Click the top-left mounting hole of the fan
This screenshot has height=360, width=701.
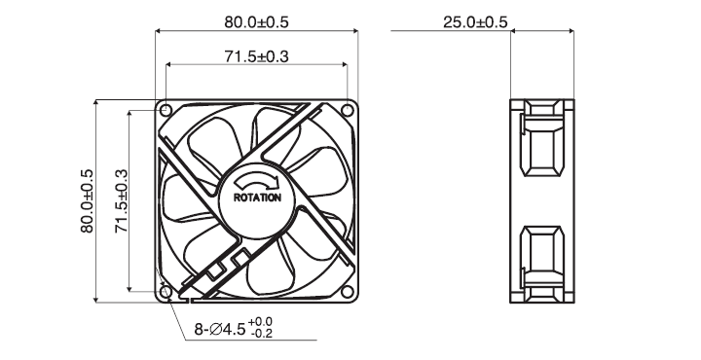pyautogui.click(x=166, y=109)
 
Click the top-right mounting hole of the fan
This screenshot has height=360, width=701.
pyautogui.click(x=347, y=109)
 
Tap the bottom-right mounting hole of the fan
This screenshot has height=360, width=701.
pyautogui.click(x=347, y=292)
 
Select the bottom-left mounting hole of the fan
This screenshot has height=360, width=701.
pyautogui.click(x=166, y=292)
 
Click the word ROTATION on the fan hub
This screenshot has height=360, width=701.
pyautogui.click(x=257, y=198)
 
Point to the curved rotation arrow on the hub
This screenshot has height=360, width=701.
pyautogui.click(x=257, y=180)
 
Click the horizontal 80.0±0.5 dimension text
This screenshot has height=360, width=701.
pyautogui.click(x=256, y=21)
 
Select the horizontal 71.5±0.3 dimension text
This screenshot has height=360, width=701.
pyautogui.click(x=256, y=56)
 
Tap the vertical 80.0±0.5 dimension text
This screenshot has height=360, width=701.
pyautogui.click(x=87, y=201)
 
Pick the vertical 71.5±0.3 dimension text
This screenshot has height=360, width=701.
pyautogui.click(x=121, y=201)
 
